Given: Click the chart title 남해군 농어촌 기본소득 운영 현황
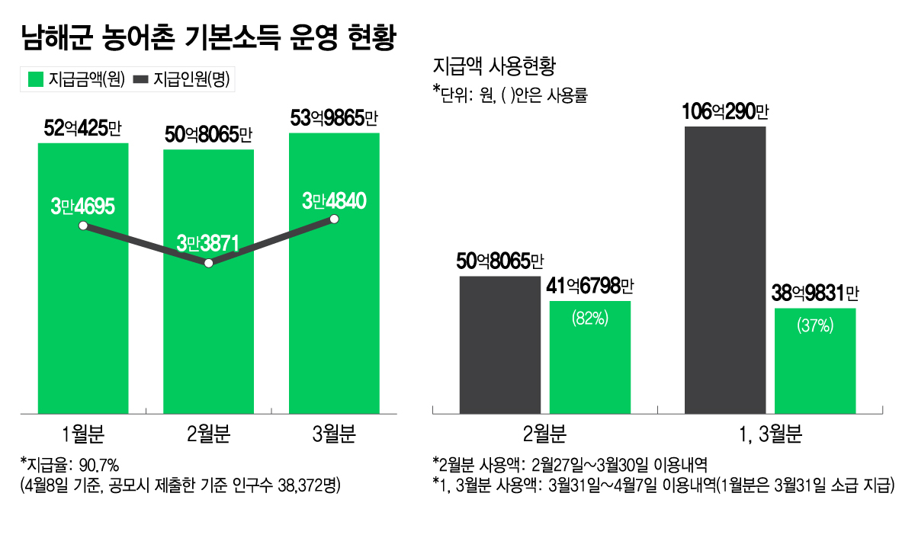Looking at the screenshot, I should tap(208, 37).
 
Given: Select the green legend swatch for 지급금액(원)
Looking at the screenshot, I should tap(34, 79).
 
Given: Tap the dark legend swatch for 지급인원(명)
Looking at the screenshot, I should tap(142, 79).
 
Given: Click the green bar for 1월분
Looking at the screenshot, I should tap(83, 320).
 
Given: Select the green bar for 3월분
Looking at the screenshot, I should tap(334, 320).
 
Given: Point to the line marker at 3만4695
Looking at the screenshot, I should tap(83, 226).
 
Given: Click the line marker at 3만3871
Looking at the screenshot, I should tap(208, 263).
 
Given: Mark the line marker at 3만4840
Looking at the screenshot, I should tap(334, 219).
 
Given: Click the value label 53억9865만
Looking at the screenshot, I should tap(334, 119).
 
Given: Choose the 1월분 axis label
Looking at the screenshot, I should tap(83, 436).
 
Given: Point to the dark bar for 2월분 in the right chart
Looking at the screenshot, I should tap(499, 345).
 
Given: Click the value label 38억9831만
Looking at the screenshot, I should tap(815, 294).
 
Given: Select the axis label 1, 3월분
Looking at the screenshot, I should tap(771, 436).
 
